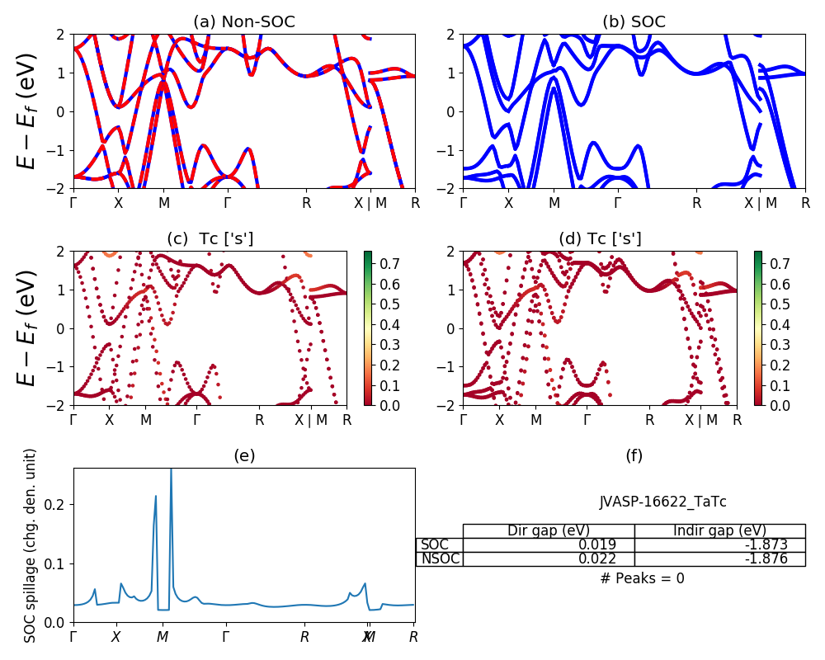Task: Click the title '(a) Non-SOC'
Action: tap(244, 21)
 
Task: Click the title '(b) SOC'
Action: tap(634, 21)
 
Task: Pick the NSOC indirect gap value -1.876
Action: tap(764, 559)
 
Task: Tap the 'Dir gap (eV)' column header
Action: tap(549, 530)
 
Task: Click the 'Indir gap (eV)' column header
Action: tap(719, 530)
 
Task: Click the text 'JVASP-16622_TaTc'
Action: tap(662, 502)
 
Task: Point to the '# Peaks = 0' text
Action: tap(642, 578)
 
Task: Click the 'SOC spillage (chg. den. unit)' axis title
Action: tap(31, 545)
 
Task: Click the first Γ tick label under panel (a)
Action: tap(74, 203)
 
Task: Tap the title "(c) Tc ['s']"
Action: tap(210, 238)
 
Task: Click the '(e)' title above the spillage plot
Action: tap(244, 455)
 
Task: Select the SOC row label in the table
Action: tap(435, 544)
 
